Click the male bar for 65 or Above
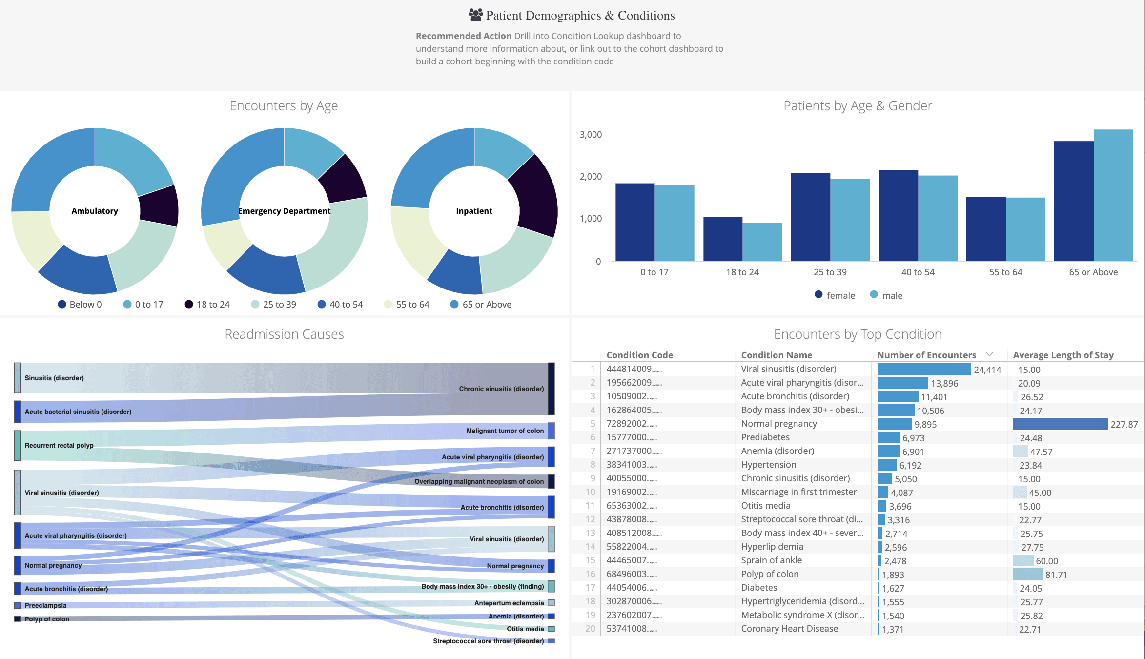1113,195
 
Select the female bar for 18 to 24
723,239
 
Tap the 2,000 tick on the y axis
591,177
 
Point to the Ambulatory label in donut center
95,211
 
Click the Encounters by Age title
284,106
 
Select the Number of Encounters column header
926,355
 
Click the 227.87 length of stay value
1124,424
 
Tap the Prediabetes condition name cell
765,437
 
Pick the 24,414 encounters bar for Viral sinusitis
923,370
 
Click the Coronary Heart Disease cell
789,629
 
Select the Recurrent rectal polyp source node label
59,445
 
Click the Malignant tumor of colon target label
505,431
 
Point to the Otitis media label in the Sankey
525,629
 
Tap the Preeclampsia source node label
45,605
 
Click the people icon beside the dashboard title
475,15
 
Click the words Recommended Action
463,36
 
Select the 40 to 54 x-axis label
918,272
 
